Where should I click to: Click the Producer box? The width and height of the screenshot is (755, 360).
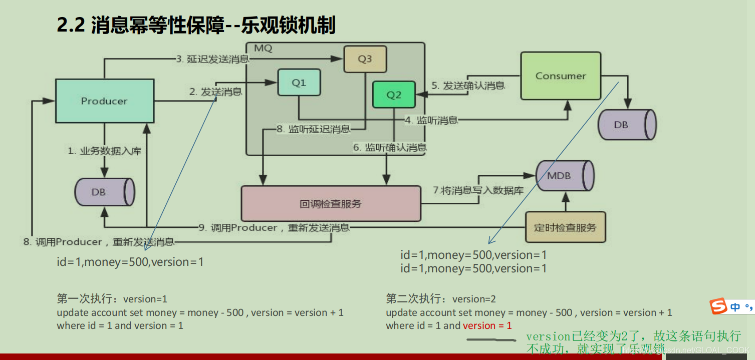[104, 101]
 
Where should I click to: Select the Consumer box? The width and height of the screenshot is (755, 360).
[561, 76]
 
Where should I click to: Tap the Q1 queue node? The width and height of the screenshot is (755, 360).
[299, 83]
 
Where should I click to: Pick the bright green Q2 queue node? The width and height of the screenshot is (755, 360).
[394, 95]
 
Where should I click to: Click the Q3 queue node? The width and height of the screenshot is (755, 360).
[365, 59]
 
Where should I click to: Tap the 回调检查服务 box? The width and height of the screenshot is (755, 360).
[331, 204]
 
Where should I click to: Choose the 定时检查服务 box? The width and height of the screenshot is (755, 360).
[565, 227]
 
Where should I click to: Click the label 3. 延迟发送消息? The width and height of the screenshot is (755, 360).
[211, 59]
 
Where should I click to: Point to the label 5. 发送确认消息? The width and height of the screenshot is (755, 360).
[467, 86]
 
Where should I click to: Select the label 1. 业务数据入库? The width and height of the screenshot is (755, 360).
[105, 151]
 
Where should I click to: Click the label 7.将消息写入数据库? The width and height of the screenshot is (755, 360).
[478, 190]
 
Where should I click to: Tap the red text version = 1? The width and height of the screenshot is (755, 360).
[487, 325]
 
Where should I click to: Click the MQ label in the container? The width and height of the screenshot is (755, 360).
[263, 49]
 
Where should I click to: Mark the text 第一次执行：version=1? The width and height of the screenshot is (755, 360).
[112, 299]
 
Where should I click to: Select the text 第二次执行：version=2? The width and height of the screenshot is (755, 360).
[441, 299]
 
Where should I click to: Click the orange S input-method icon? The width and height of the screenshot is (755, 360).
[719, 306]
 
